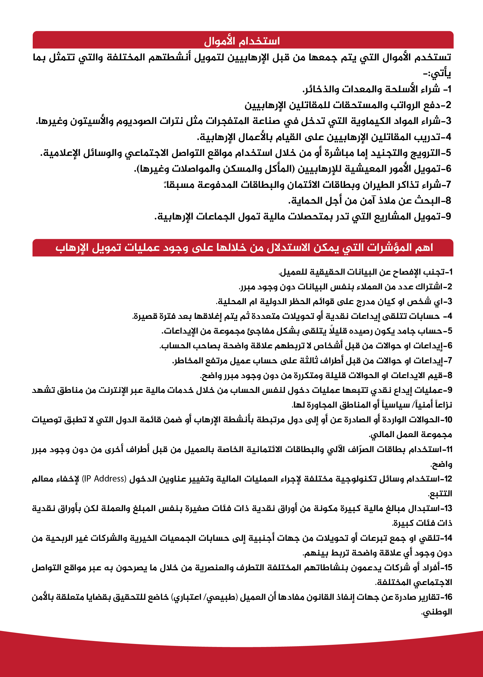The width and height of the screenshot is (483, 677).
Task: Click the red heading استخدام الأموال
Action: click(242, 41)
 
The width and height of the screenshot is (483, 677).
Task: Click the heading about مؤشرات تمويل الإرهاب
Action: click(244, 248)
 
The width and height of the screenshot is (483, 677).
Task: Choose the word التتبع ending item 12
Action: click(440, 494)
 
